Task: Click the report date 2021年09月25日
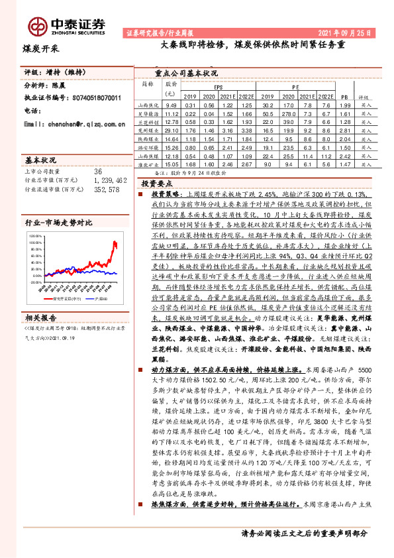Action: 344,32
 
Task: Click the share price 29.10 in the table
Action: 171,131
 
